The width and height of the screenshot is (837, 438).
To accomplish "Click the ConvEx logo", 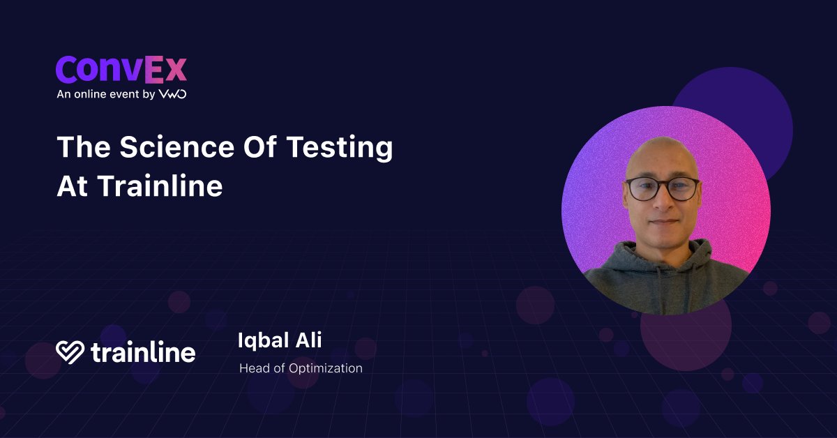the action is click(121, 70).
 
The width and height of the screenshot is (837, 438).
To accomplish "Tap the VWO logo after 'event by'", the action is click(173, 94).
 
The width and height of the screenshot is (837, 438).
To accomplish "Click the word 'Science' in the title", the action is click(177, 146).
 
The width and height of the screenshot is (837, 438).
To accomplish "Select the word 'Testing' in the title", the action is click(340, 149).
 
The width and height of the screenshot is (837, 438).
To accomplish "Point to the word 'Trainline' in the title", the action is click(160, 186).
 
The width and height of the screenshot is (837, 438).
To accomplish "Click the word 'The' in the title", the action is click(84, 146).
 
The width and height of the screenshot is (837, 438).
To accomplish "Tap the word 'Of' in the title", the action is click(260, 146).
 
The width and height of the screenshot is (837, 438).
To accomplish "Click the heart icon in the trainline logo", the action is click(70, 352).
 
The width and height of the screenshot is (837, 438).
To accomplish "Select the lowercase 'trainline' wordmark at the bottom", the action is click(143, 352).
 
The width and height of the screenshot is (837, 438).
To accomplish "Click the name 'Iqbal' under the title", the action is click(264, 341).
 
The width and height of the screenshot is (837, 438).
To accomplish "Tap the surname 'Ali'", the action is click(308, 340).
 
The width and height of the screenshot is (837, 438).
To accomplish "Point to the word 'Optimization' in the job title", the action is click(326, 369).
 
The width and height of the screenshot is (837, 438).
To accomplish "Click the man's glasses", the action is click(663, 189).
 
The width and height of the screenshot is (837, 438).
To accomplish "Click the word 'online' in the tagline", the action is click(91, 94).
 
